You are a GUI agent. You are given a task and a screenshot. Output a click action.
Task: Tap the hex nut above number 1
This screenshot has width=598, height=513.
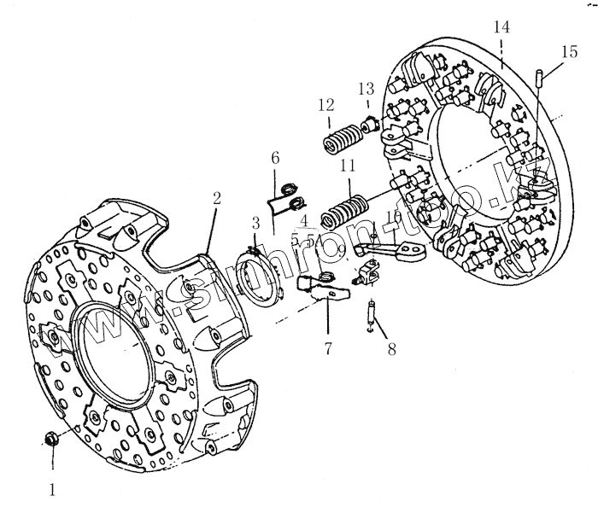[x=50, y=440]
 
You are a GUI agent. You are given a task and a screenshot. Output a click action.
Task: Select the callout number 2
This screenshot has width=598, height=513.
[x=217, y=198]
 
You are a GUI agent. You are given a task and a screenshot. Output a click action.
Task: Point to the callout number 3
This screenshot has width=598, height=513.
[x=255, y=224]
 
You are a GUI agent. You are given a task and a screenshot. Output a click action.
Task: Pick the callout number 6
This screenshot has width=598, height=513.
[x=275, y=158]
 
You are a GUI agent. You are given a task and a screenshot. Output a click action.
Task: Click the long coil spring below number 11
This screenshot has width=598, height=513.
[x=344, y=206]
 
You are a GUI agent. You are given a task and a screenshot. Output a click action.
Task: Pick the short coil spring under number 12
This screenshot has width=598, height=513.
[x=340, y=137]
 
